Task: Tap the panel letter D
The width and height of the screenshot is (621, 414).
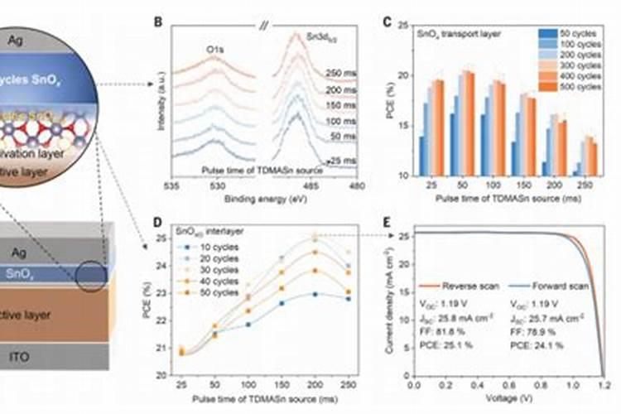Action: coord(158,222)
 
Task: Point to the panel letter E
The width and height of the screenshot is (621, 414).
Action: coord(386,222)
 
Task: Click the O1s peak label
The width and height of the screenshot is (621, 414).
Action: coord(217,50)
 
